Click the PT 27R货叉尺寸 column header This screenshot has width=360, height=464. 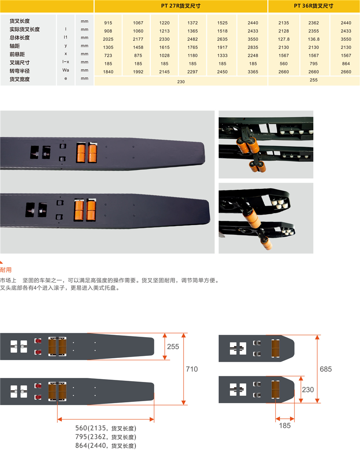(180, 6)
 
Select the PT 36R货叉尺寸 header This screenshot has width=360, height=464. (313, 6)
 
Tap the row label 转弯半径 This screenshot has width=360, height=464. (20, 71)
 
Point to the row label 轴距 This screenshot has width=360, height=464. (14, 46)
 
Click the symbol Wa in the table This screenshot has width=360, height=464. (66, 70)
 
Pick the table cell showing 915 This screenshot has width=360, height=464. (108, 23)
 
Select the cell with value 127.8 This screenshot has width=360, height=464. (284, 39)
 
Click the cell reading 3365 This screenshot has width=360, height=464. (253, 72)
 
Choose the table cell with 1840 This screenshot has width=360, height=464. (108, 72)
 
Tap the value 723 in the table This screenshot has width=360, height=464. (108, 55)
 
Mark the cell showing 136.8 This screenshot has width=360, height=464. (314, 39)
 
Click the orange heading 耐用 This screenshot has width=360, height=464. (6, 269)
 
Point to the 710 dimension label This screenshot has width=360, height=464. (192, 369)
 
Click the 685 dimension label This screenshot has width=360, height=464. (326, 369)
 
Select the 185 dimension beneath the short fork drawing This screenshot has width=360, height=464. (285, 426)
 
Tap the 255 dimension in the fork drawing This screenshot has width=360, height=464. (173, 347)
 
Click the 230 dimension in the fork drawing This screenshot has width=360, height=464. (308, 390)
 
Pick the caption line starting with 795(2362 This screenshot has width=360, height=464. (106, 437)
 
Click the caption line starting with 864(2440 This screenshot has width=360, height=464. (106, 445)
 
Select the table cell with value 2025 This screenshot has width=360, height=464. (108, 39)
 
